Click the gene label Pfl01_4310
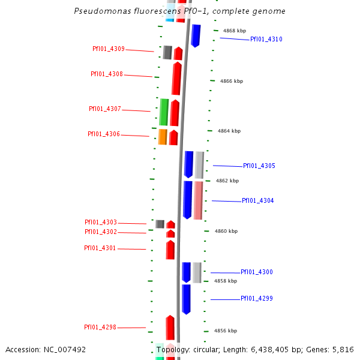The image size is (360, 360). click(266, 40)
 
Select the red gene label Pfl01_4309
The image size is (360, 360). click(109, 49)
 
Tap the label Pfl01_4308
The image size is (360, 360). click(107, 74)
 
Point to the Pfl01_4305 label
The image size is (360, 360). click(259, 166)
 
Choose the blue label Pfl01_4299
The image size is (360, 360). click(256, 299)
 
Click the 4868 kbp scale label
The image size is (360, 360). click(234, 31)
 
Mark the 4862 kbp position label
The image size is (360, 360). click(227, 181)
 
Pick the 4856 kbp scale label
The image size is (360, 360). click(225, 331)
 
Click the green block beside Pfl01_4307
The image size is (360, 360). click(164, 112)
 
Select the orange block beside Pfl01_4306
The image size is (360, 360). click(163, 137)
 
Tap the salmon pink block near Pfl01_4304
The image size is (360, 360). click(198, 200)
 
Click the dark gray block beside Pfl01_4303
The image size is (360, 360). click(160, 224)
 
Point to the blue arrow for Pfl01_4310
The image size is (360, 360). click(196, 35)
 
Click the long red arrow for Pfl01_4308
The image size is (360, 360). click(176, 79)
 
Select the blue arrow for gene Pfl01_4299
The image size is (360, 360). click(187, 299)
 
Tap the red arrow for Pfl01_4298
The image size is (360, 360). click(170, 328)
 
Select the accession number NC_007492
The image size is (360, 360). click(65, 349)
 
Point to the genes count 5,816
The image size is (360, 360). click(343, 349)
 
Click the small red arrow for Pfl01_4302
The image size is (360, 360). click(170, 233)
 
